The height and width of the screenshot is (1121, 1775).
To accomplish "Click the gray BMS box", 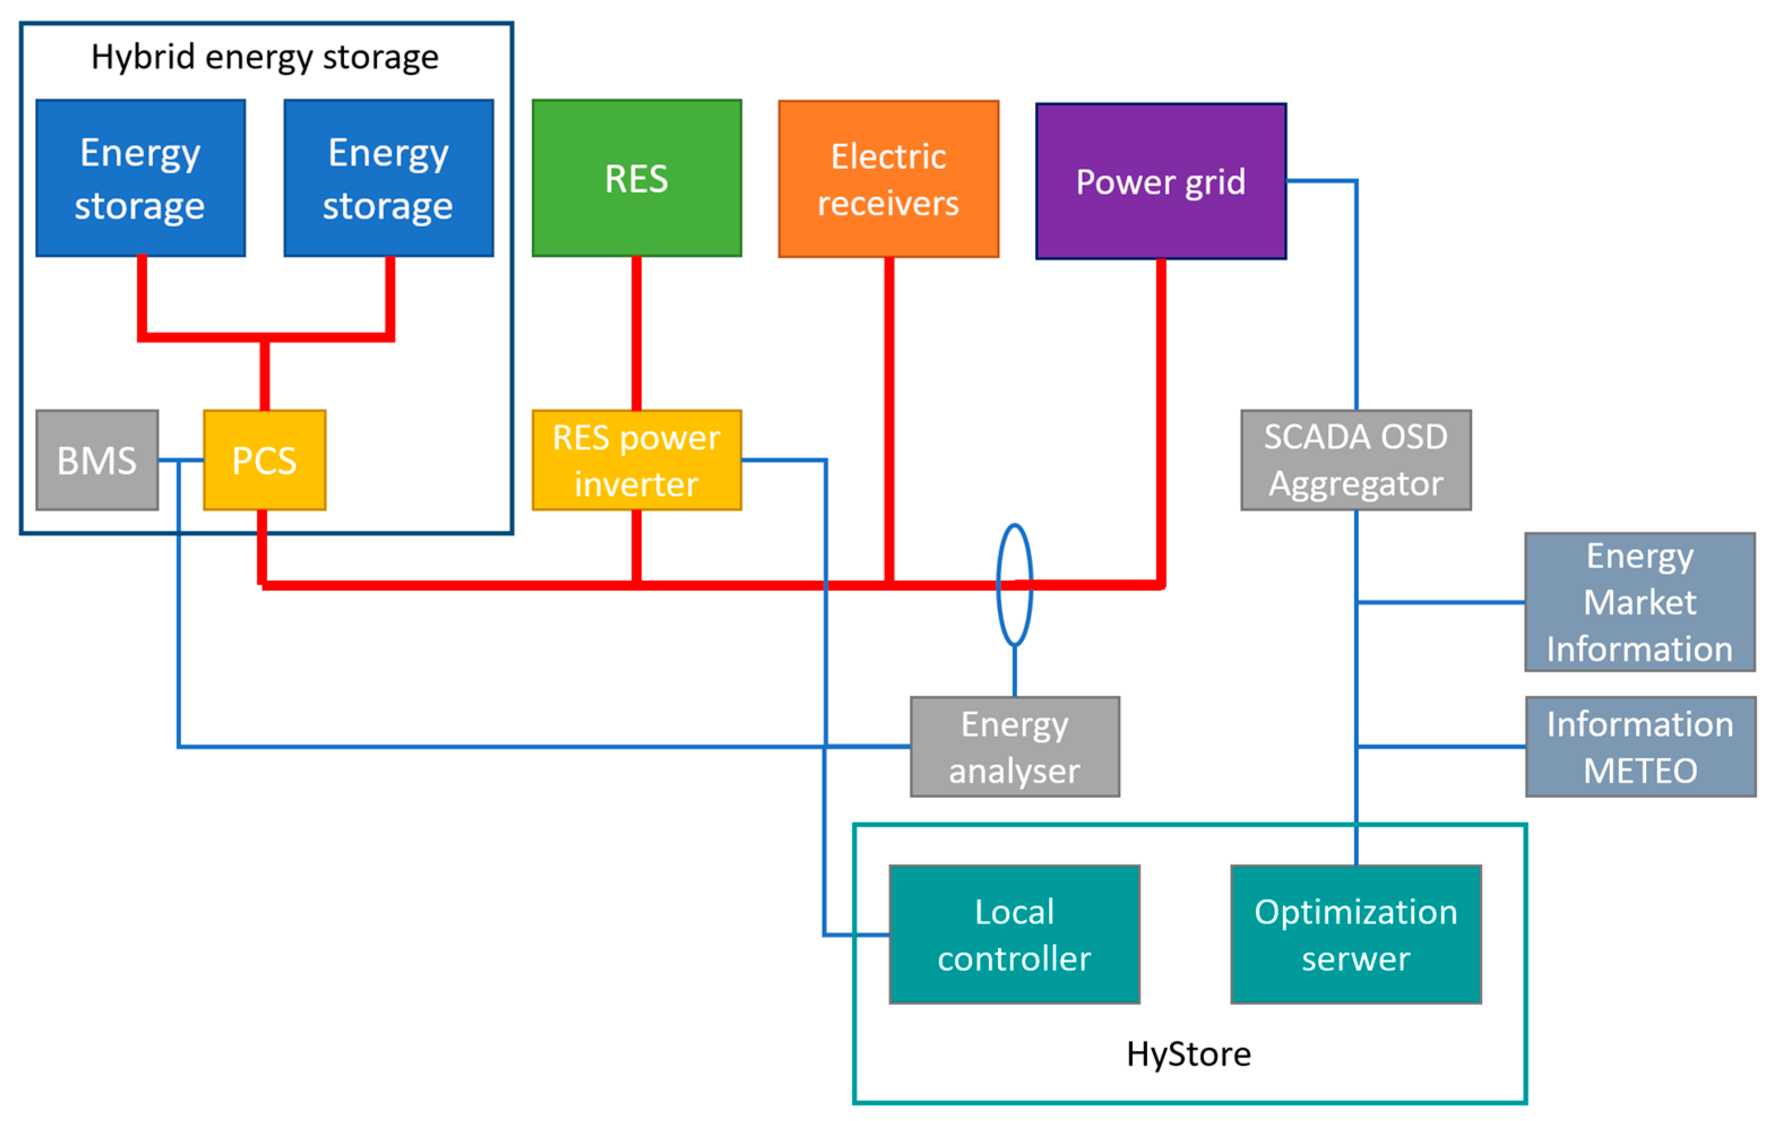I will point(97,460).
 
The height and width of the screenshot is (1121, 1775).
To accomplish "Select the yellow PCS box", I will point(265,460).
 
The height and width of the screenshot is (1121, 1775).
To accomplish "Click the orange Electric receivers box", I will point(888,179).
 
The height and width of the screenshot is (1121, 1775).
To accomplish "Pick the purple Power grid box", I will point(1161,182).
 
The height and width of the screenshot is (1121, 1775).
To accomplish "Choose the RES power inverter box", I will point(637,460).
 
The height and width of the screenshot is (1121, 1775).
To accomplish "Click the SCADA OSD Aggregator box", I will point(1355,460).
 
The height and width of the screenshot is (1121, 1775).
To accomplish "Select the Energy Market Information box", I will point(1639,602).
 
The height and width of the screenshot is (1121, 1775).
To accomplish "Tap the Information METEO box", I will point(1640,747).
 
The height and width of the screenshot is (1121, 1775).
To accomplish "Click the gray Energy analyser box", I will point(1014,747).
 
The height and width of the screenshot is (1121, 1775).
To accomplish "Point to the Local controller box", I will point(1014,934).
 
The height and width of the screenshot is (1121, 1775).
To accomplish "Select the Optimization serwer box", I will point(1355,934).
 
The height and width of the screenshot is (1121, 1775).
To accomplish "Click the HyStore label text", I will point(1188,1054).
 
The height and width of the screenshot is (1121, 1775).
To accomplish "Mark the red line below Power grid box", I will point(1161,420).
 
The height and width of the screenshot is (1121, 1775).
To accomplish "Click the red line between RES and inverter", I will point(636,332).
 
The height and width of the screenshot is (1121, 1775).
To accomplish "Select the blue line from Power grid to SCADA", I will point(1355,295).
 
